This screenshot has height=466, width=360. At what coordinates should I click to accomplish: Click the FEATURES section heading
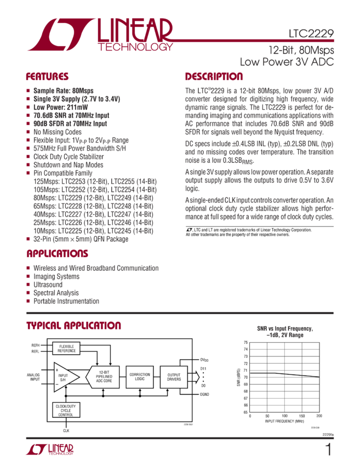tap(47, 77)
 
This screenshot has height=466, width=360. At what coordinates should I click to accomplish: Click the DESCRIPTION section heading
tap(214, 77)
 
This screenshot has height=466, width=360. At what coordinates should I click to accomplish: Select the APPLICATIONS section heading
tap(57, 254)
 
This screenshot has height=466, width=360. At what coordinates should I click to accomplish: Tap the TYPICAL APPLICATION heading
tap(73, 326)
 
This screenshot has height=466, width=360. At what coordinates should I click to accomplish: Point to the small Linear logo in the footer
tap(49, 450)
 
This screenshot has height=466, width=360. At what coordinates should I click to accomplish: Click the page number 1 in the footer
tap(328, 450)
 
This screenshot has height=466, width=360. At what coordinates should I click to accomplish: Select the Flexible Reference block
tap(66, 348)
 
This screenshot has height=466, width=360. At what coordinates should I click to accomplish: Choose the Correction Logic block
tap(140, 377)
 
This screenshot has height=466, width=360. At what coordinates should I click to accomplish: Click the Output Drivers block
tap(174, 377)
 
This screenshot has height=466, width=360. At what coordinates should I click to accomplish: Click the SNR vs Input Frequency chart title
tap(284, 331)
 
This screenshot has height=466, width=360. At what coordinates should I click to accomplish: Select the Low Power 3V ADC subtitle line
tap(287, 62)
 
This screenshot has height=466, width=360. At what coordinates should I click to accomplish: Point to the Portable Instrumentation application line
tap(66, 301)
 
